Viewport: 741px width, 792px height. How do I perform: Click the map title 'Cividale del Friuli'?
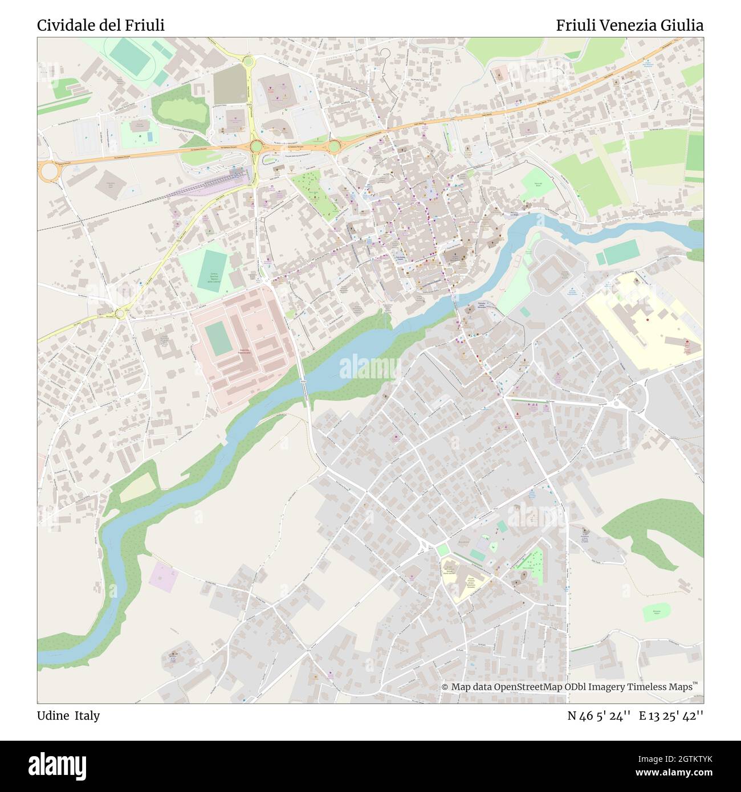tap(101, 25)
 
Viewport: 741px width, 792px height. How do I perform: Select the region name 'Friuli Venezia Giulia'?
tap(629, 25)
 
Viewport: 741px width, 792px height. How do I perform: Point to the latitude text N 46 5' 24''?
tap(598, 716)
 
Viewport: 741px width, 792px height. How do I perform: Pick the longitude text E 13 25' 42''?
tap(671, 716)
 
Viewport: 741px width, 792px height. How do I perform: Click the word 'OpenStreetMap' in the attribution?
tap(528, 687)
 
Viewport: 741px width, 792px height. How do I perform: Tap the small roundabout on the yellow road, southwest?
tap(120, 313)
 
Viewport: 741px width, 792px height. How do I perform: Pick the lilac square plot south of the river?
tap(164, 577)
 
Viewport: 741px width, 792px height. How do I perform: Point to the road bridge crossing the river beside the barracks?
tap(303, 381)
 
